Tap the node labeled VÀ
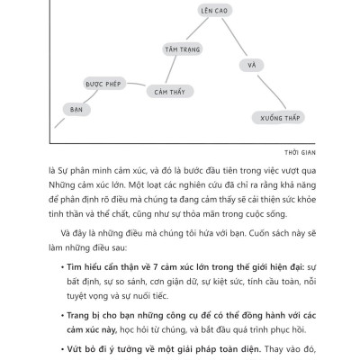[x=253, y=66]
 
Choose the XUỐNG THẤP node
[x=285, y=117]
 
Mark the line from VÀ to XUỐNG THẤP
[x=269, y=91]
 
